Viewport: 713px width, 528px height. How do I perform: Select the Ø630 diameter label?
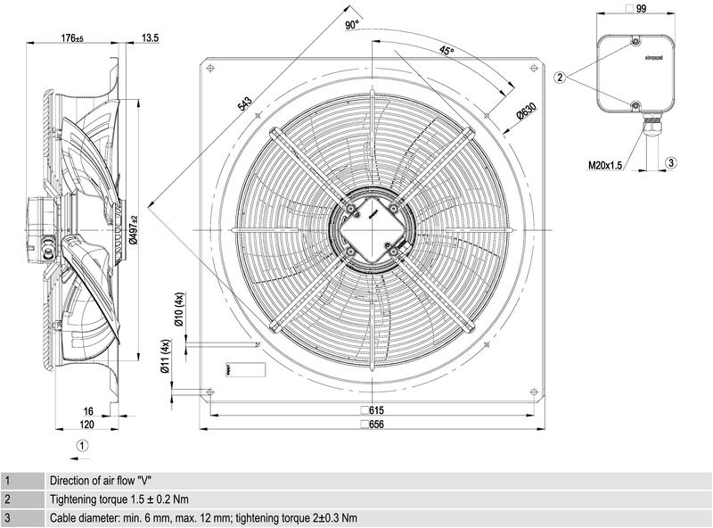[x=525, y=112]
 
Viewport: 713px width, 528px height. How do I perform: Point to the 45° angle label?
[x=447, y=52]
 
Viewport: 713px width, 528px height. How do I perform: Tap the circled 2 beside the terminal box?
[x=561, y=78]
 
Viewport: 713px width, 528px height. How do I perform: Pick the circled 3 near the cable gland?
[x=671, y=161]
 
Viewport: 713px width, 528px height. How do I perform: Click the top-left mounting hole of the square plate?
[x=209, y=69]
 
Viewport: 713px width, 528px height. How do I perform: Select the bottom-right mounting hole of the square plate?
[x=532, y=392]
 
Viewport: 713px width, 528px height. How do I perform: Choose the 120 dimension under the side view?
[x=87, y=425]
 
